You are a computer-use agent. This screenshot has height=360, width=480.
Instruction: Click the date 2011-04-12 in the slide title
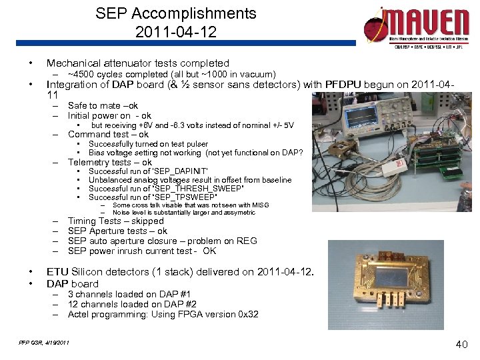(175, 31)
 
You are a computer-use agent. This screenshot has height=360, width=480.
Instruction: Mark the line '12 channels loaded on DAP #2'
(131, 304)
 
